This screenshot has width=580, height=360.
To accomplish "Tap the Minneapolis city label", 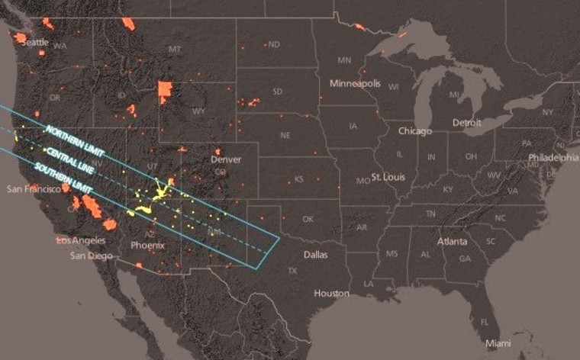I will coord(355,82).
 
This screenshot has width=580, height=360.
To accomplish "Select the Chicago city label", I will coord(414,131).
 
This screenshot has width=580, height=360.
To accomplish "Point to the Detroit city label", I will coord(466,123).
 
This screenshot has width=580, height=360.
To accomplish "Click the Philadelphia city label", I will coord(553,158).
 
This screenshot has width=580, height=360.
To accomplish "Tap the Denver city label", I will coord(226,159).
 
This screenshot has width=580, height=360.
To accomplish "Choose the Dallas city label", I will coord(315,254).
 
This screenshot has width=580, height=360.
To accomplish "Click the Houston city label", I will coord(331,293).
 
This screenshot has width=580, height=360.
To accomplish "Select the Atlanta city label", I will coord(453,241).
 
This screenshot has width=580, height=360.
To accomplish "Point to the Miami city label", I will coord(500,342).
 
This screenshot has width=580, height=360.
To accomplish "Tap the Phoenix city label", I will coord(147,246).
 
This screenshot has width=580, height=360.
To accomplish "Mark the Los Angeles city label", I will coord(82,240).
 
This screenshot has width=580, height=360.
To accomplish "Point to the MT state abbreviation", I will coord(176,50).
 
